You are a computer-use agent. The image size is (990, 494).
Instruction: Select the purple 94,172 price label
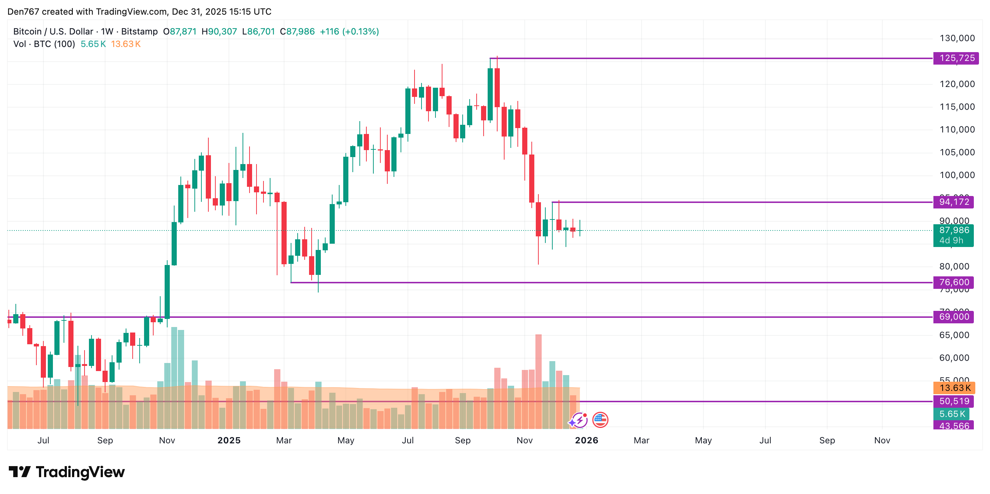click(x=954, y=202)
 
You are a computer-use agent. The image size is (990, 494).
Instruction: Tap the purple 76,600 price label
click(x=954, y=283)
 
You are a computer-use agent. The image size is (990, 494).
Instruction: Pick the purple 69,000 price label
click(x=954, y=317)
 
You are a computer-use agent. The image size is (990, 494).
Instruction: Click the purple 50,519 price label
click(x=954, y=402)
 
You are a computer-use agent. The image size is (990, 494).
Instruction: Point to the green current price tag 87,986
click(x=954, y=231)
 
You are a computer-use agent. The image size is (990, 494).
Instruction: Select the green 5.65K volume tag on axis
click(x=951, y=414)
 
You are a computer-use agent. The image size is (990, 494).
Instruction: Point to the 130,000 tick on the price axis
click(x=957, y=39)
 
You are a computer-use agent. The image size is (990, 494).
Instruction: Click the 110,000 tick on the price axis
click(x=957, y=130)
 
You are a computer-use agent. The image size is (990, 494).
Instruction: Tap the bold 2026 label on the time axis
click(x=587, y=441)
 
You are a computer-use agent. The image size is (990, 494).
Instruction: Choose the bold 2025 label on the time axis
click(x=229, y=441)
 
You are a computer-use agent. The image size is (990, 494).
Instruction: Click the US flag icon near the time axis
click(x=600, y=420)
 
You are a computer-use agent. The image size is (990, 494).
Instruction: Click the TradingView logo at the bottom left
click(x=67, y=472)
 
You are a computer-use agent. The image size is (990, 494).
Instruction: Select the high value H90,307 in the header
click(x=219, y=32)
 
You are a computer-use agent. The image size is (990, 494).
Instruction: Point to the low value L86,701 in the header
click(x=258, y=32)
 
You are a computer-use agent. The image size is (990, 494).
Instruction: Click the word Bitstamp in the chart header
click(x=140, y=32)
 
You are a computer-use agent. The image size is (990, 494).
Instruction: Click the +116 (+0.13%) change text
click(x=349, y=32)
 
